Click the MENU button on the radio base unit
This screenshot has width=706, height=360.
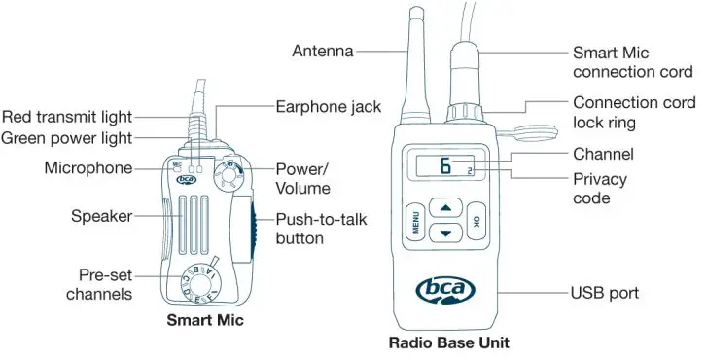click(x=411, y=223)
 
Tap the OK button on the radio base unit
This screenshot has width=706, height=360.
click(x=477, y=221)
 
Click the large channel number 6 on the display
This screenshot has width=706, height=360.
click(x=445, y=166)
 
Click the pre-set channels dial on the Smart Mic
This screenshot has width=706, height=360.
click(x=201, y=283)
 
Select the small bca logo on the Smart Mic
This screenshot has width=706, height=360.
click(x=186, y=179)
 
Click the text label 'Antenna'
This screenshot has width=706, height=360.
click(x=323, y=51)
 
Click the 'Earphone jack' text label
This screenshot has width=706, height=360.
click(x=328, y=105)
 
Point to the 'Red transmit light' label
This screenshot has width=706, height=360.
click(x=67, y=118)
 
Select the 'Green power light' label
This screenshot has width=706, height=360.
click(x=67, y=138)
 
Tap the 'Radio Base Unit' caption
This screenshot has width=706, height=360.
click(x=448, y=342)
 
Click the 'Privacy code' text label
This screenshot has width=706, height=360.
click(x=600, y=189)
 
